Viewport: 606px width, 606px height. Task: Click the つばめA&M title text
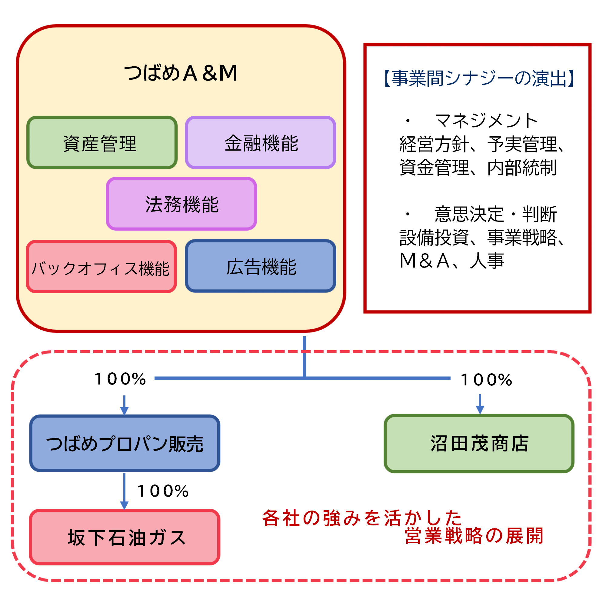(181, 73)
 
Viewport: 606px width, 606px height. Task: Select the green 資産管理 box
(102, 143)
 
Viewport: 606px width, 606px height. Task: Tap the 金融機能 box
(260, 143)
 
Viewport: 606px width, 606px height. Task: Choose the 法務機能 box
(181, 204)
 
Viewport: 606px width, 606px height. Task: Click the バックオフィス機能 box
(101, 267)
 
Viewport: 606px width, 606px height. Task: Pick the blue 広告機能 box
(260, 266)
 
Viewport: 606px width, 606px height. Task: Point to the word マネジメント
(486, 121)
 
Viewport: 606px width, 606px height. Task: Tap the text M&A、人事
(452, 261)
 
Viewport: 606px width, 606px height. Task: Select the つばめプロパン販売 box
(125, 444)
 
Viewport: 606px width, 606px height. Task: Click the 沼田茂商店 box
(479, 444)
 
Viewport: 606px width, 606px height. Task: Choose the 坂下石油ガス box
(125, 537)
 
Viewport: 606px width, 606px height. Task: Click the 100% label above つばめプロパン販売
(120, 379)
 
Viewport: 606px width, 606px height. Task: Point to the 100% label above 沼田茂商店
(486, 380)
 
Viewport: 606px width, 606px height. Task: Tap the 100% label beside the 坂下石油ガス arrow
(163, 491)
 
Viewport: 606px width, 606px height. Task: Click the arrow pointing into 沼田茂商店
(480, 405)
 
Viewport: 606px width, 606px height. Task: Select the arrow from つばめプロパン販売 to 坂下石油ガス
(125, 491)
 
